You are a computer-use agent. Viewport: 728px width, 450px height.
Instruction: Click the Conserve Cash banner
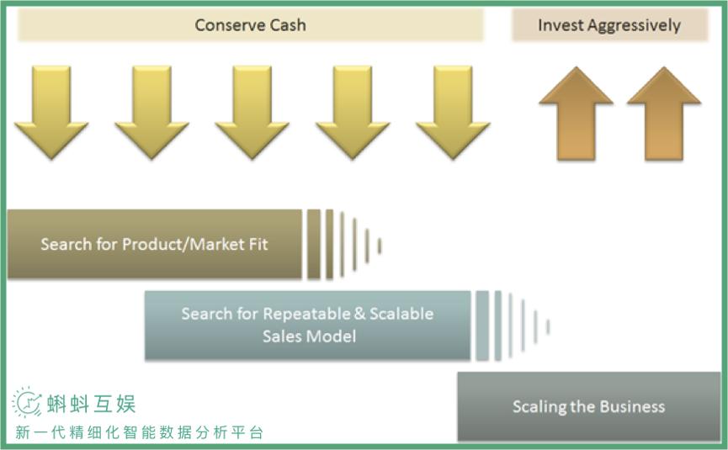pos(250,25)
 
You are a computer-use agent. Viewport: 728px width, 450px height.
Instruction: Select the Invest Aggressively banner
pos(608,25)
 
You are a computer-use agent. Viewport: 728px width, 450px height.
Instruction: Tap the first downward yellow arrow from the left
pos(51,109)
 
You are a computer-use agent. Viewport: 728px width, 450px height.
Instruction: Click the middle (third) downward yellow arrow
pos(252,109)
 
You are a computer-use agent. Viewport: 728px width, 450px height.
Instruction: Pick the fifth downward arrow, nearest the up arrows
pos(453,109)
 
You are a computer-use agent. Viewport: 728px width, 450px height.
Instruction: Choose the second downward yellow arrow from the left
pos(151,109)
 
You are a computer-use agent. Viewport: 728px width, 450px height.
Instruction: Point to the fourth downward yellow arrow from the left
pos(353,109)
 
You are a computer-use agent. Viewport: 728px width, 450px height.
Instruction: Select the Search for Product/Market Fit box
pos(154,244)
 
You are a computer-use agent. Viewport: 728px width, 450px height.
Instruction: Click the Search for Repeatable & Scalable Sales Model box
pos(307,325)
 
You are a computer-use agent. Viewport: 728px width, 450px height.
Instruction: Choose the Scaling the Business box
pos(588,406)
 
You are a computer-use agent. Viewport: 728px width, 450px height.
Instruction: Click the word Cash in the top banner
pos(287,25)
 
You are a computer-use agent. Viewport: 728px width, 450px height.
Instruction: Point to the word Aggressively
pos(634,25)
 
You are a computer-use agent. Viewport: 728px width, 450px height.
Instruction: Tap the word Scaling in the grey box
pos(539,407)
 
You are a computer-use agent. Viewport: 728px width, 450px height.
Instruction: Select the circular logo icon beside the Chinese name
pos(27,403)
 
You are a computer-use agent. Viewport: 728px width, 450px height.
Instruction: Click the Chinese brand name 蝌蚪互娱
pos(91,404)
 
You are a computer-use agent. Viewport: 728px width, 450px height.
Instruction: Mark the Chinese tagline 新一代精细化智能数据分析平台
pos(139,433)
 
